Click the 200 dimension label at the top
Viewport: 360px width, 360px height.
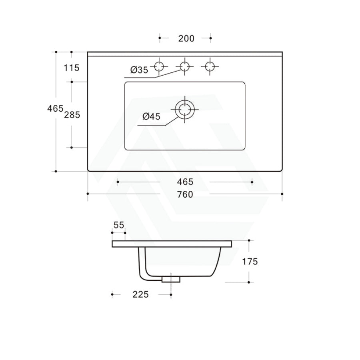pyautogui.click(x=186, y=38)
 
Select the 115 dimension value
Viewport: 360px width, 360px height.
pyautogui.click(x=72, y=68)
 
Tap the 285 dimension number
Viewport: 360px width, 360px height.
pyautogui.click(x=72, y=115)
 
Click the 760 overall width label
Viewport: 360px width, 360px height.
pyautogui.click(x=185, y=194)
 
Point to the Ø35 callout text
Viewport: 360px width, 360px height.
pyautogui.click(x=139, y=70)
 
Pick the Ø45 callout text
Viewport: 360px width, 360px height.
pyautogui.click(x=151, y=116)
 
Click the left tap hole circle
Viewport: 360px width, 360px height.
pyautogui.click(x=160, y=66)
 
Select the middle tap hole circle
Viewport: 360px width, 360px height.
pyautogui.click(x=185, y=66)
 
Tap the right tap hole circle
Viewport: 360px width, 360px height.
pyautogui.click(x=210, y=66)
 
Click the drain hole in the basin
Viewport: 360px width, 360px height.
pyautogui.click(x=185, y=109)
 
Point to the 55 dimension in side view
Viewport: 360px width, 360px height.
pyautogui.click(x=119, y=225)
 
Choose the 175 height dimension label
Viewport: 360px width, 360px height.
pyautogui.click(x=250, y=262)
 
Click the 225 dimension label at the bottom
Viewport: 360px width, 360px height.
pyautogui.click(x=140, y=295)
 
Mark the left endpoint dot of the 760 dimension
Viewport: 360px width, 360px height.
pyautogui.click(x=88, y=194)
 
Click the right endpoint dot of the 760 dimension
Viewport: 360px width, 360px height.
pyautogui.click(x=282, y=194)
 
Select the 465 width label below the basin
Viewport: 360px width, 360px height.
pyautogui.click(x=185, y=182)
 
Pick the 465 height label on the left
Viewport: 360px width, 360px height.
pyautogui.click(x=55, y=108)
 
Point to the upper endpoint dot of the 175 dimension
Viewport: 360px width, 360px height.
pyautogui.click(x=249, y=240)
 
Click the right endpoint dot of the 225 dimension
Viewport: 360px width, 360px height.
pyautogui.click(x=171, y=295)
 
